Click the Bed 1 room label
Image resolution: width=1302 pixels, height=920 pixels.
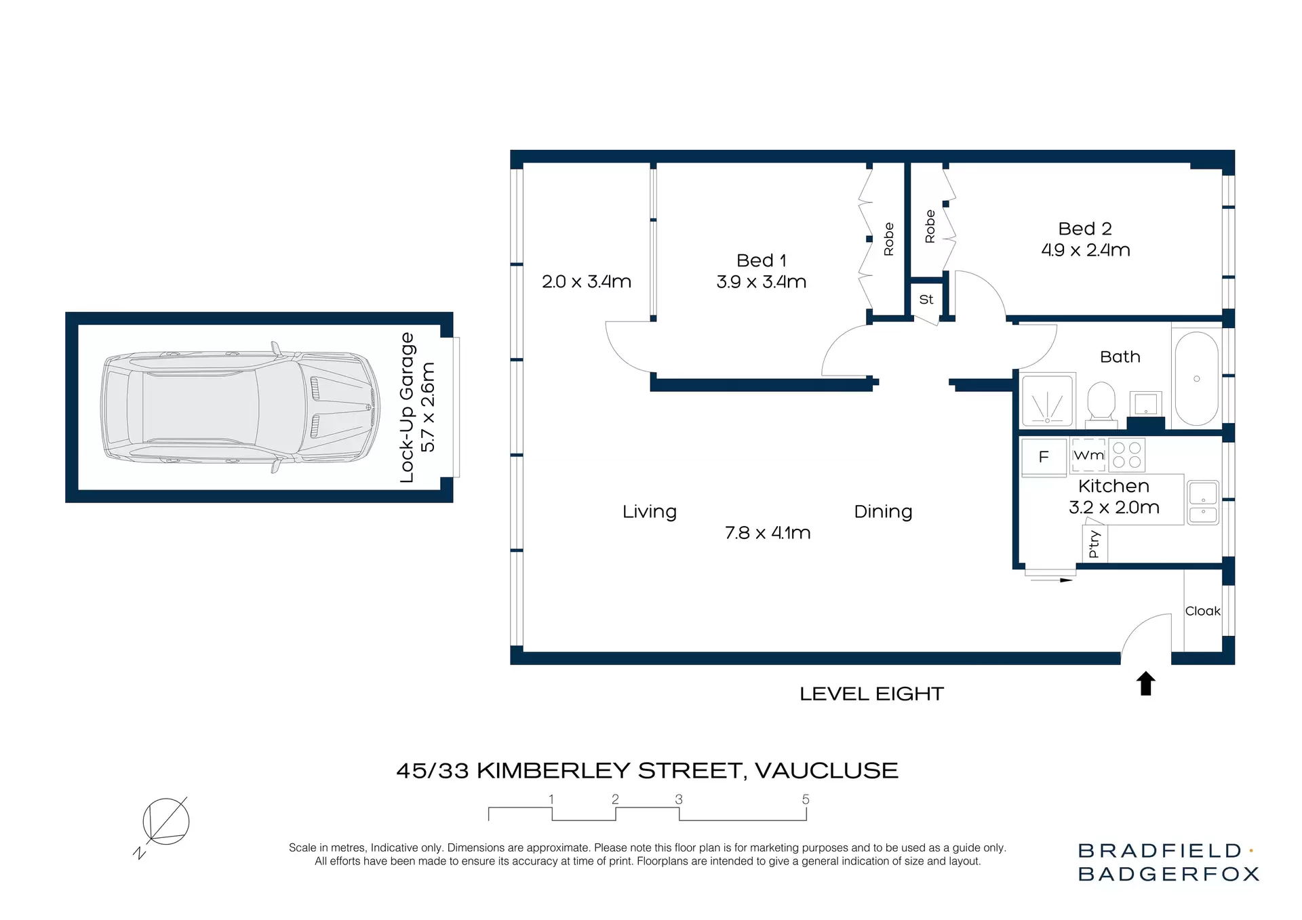[x=761, y=260]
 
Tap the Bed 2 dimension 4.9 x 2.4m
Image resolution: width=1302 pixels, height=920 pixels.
[x=1085, y=250]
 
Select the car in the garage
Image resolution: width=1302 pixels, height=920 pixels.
[x=240, y=407]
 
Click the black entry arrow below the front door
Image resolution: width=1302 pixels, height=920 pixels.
[x=1145, y=683]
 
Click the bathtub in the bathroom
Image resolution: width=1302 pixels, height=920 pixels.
[x=1196, y=378]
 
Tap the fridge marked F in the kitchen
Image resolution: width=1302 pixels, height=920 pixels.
[x=1044, y=457]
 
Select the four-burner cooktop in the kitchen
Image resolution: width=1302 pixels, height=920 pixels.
[x=1126, y=455]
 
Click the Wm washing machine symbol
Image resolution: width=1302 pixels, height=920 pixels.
[x=1088, y=455]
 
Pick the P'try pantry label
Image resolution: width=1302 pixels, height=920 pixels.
[x=1094, y=544]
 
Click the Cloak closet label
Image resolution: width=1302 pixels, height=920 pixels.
[x=1202, y=611]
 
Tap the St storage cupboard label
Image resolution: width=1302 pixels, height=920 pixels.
[x=926, y=299]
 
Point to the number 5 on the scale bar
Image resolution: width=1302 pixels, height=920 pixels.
[x=806, y=799]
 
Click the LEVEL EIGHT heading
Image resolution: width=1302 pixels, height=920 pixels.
[x=871, y=694]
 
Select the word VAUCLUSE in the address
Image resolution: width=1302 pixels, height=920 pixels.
[x=826, y=771]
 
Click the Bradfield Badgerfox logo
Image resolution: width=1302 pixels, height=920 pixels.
[x=1168, y=862]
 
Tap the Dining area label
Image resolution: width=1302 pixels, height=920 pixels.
[x=883, y=511]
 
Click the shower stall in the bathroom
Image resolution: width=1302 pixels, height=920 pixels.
[x=1048, y=401]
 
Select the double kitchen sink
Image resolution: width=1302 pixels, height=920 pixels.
[x=1203, y=502]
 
